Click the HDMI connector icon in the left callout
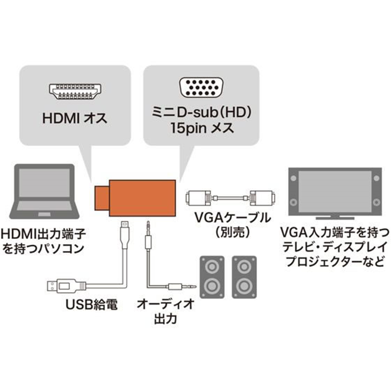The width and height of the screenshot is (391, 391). pyautogui.click(x=75, y=91)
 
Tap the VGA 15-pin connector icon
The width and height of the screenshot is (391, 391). pyautogui.click(x=201, y=87)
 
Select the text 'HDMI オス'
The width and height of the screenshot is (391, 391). pyautogui.click(x=75, y=118)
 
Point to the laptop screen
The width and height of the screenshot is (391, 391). pyautogui.click(x=44, y=183)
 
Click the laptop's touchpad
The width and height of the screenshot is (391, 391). pyautogui.click(x=44, y=214)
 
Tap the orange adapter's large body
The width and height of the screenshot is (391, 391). pyautogui.click(x=142, y=198)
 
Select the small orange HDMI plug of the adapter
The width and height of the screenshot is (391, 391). pyautogui.click(x=102, y=198)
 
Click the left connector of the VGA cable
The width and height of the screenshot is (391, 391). pyautogui.click(x=198, y=198)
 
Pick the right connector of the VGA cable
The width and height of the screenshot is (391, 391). pyautogui.click(x=262, y=198)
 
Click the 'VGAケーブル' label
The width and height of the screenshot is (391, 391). pyautogui.click(x=233, y=218)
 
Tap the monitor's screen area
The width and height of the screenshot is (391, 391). pyautogui.click(x=335, y=191)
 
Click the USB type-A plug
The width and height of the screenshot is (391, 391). pyautogui.click(x=66, y=285)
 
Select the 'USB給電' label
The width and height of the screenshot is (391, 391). pyautogui.click(x=91, y=304)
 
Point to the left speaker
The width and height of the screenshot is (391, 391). pyautogui.click(x=212, y=277)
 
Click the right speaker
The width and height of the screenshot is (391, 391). pyautogui.click(x=244, y=277)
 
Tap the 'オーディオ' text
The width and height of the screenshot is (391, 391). pyautogui.click(x=166, y=304)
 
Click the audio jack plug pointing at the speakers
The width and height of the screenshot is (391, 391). pyautogui.click(x=182, y=286)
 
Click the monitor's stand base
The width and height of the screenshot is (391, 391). pyautogui.click(x=335, y=218)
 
